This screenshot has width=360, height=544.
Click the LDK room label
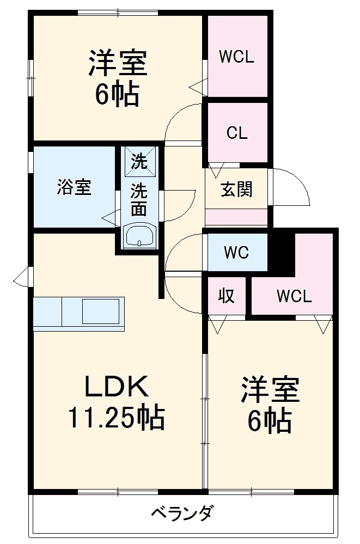tap(115, 387)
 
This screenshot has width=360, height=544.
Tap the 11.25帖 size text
tap(115, 418)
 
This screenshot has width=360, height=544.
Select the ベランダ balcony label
tap(182, 513)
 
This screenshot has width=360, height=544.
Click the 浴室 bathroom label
tap(74, 187)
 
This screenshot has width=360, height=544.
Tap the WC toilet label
tap(236, 252)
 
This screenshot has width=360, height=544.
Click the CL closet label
tap(237, 133)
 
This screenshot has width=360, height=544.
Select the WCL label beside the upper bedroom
tap(236, 57)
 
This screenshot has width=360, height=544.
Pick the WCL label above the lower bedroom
tap(294, 297)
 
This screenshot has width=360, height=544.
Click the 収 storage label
tap(227, 296)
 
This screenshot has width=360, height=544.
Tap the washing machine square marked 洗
tap(139, 161)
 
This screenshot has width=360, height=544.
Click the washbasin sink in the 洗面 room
tap(139, 236)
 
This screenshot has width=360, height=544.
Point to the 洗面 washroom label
tap(139, 200)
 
